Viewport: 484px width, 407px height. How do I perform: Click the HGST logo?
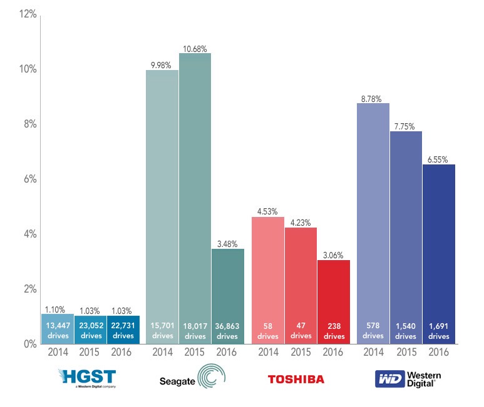(87, 378)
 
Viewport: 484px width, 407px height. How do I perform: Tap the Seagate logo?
(192, 378)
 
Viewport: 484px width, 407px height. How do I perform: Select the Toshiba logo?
(296, 378)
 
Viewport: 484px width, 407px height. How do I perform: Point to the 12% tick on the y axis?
(27, 14)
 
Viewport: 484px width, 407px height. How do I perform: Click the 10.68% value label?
(195, 48)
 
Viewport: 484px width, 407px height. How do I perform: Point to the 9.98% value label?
(162, 65)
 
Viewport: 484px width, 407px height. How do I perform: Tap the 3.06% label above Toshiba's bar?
(334, 255)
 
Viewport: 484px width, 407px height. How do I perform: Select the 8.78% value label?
(373, 98)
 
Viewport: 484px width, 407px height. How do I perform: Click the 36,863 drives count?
(227, 330)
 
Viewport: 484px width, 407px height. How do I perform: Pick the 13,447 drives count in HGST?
(58, 330)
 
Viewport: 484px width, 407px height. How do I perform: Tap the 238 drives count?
(334, 330)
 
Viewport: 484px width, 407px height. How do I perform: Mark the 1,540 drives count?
(406, 330)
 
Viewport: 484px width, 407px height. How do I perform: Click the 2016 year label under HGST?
(123, 352)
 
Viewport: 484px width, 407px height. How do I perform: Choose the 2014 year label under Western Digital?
(373, 352)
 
